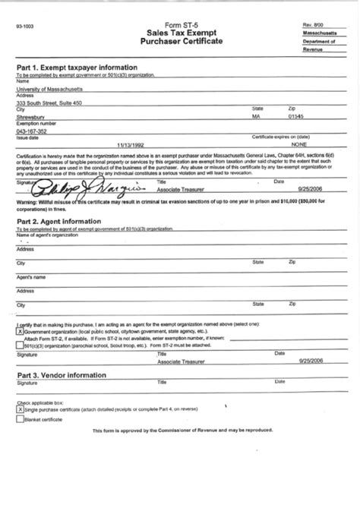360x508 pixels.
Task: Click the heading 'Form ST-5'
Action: click(179, 25)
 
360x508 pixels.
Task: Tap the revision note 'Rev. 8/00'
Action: click(313, 25)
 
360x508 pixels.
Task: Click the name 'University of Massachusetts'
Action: click(49, 89)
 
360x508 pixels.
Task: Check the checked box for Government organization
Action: click(20, 332)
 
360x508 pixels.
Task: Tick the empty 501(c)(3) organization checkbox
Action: click(20, 344)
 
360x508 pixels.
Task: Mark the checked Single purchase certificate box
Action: click(20, 409)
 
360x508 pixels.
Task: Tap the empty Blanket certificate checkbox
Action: click(20, 418)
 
